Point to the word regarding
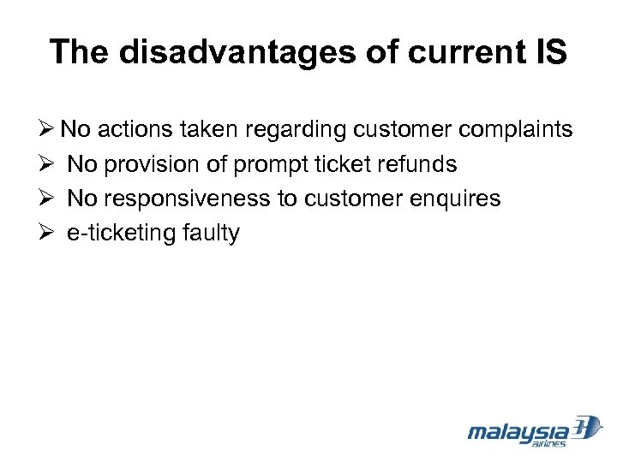297,129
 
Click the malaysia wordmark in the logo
518,431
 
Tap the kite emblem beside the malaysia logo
588,428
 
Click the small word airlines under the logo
549,444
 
